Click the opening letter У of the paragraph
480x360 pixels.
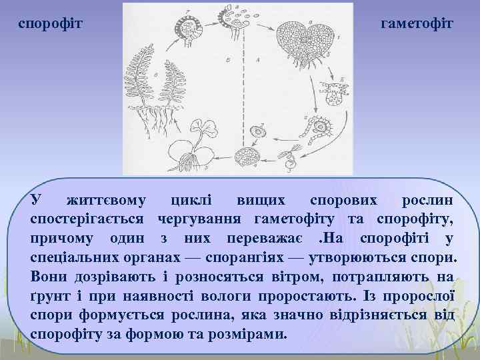click(36, 201)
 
